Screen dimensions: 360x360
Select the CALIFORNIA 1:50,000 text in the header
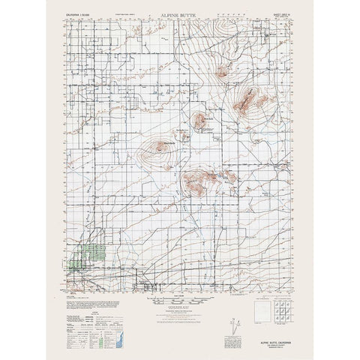click(79, 16)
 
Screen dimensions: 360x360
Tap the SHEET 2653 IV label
click(279, 15)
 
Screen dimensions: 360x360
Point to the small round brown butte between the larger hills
click(200, 119)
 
